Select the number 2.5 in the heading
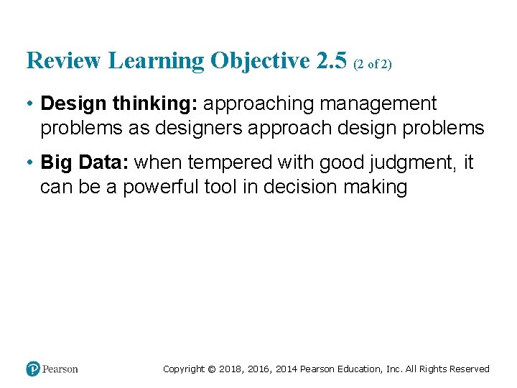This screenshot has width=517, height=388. pos(331,61)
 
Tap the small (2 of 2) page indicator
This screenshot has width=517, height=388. pos(373,64)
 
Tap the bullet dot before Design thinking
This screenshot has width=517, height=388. pos(29,104)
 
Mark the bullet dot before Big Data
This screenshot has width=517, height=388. pos(29,163)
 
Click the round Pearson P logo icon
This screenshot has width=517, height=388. pos(33,369)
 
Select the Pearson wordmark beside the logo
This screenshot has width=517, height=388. pos(60,369)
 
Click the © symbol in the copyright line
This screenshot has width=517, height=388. pos(212,369)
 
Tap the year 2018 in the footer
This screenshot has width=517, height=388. pos(232,369)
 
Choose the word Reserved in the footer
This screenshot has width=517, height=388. pos(470,369)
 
